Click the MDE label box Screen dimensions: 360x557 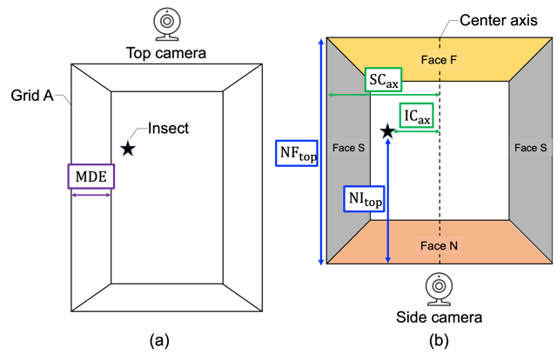click(91, 177)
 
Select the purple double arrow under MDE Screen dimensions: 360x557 click(91, 195)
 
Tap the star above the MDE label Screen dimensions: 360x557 click(128, 149)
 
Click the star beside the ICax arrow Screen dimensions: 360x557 click(387, 131)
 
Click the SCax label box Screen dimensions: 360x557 click(383, 80)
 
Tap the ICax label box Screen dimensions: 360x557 click(416, 116)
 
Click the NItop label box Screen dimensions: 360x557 click(365, 199)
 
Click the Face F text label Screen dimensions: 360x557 click(439, 60)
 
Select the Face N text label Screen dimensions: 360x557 click(439, 246)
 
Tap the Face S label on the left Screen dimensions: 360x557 click(348, 148)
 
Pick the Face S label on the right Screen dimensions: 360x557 click(531, 148)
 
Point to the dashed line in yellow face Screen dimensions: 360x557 click(440, 44)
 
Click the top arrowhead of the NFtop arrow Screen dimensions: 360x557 click(322, 42)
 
